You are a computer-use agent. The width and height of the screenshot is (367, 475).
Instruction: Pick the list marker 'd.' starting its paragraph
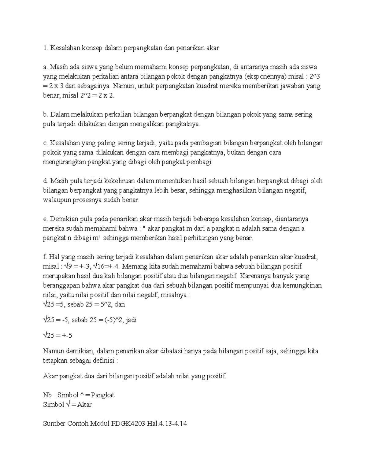[46, 181]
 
